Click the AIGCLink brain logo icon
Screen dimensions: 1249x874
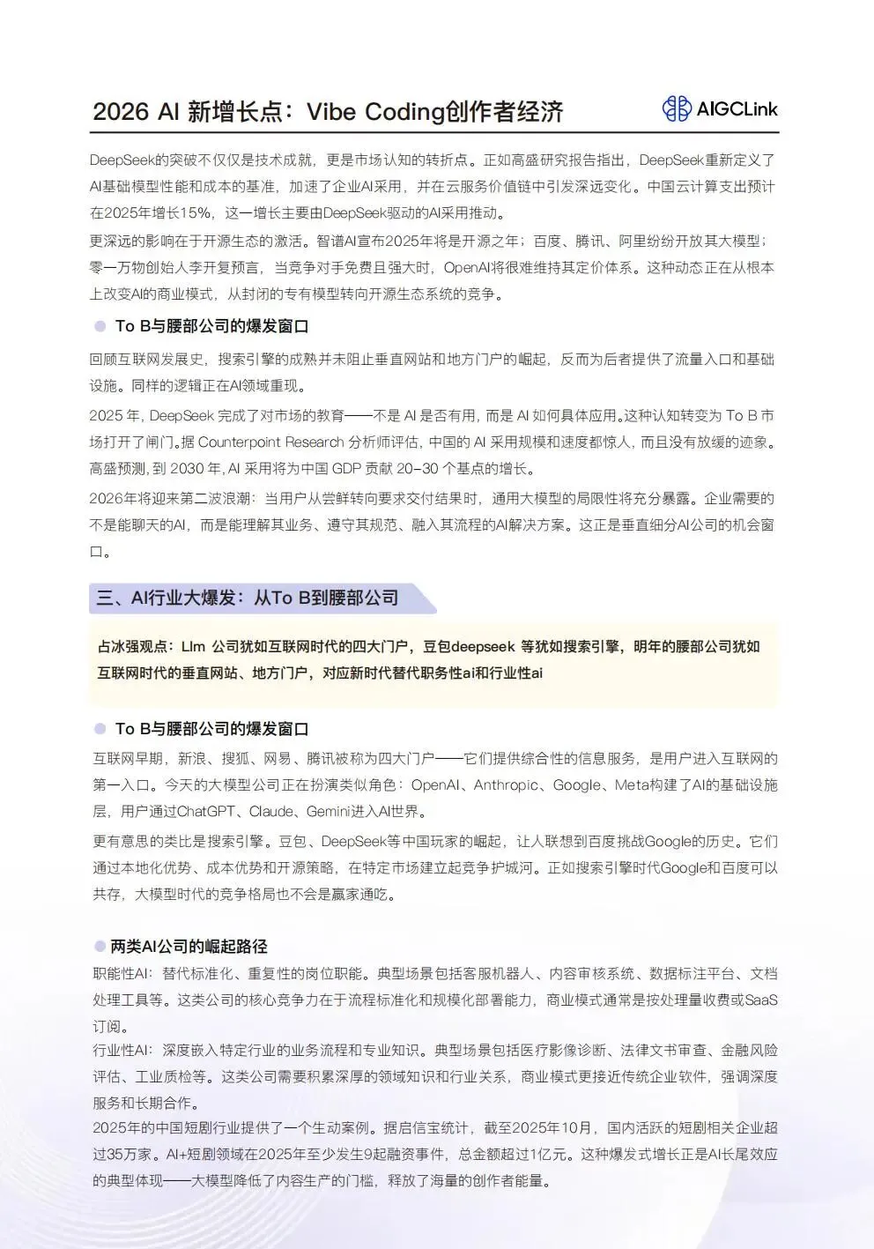(x=677, y=108)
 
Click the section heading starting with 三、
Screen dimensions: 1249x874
(x=248, y=598)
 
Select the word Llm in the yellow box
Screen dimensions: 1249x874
(x=192, y=647)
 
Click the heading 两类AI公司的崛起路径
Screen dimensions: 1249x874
(x=189, y=947)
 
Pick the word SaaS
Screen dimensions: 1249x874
(x=761, y=1000)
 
